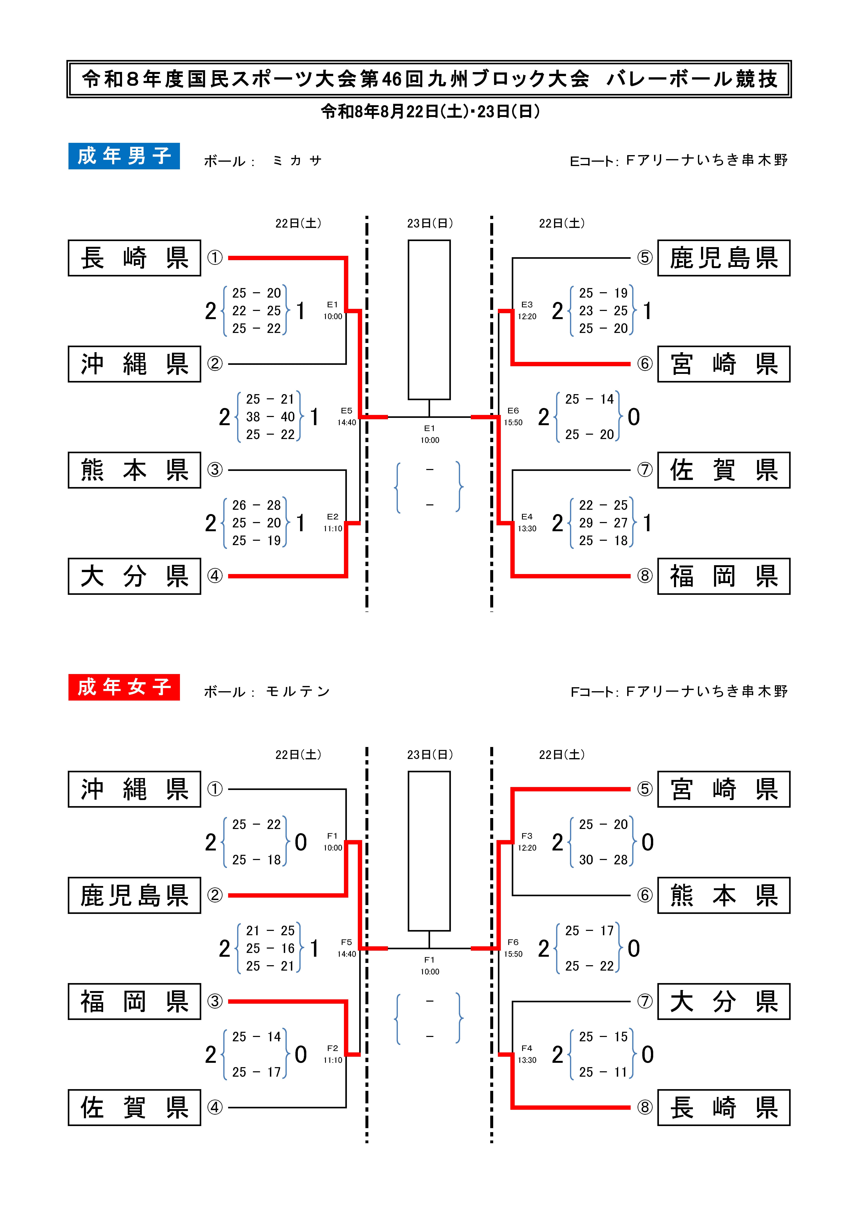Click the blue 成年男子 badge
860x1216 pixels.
click(x=124, y=156)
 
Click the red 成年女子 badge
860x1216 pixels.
click(x=124, y=687)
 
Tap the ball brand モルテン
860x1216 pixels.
click(x=298, y=692)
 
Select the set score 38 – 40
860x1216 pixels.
click(x=270, y=417)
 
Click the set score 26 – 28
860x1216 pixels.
click(x=256, y=505)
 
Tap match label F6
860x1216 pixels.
click(x=513, y=942)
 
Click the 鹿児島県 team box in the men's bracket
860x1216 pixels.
click(x=724, y=258)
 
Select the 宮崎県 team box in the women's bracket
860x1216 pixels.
click(x=724, y=789)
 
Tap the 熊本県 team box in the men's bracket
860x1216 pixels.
click(x=135, y=470)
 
